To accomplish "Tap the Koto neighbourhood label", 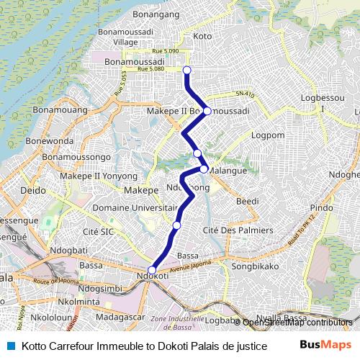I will click(203, 36).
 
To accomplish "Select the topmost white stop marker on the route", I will click(187, 70).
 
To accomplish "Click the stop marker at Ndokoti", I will click(152, 271).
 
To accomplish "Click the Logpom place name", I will click(269, 135).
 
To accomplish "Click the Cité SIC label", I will click(99, 231).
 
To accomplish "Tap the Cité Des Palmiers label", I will click(238, 230).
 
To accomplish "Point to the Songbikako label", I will click(254, 266).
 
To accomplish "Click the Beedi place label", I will click(247, 201).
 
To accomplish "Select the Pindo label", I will click(321, 207).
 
